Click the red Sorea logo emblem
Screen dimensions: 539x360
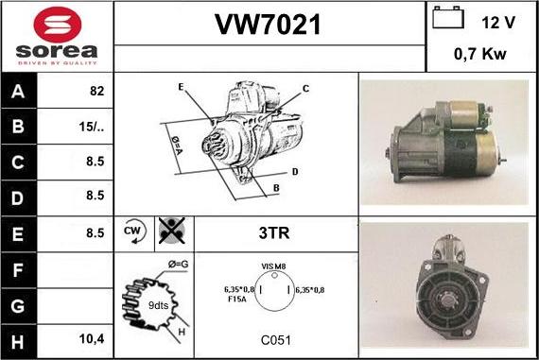click(58, 25)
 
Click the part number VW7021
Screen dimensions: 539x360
click(269, 25)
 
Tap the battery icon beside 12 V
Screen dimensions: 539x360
click(448, 18)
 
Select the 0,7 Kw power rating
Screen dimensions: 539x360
click(480, 54)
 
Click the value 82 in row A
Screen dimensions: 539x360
click(97, 91)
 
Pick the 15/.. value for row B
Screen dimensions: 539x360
click(92, 127)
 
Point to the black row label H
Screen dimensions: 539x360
click(18, 342)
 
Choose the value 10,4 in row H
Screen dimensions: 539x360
click(92, 339)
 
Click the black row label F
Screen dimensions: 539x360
click(18, 270)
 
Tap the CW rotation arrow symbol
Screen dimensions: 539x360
click(134, 231)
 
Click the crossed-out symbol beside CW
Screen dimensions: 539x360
click(172, 231)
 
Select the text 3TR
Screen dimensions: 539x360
click(274, 232)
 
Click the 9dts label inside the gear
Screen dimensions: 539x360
click(158, 305)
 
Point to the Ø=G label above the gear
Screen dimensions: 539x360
click(178, 265)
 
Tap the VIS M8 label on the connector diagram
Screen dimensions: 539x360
click(273, 266)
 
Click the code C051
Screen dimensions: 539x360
click(276, 340)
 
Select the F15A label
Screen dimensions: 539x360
click(237, 300)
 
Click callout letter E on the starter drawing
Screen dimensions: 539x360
click(181, 87)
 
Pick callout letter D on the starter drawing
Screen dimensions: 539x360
click(295, 172)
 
